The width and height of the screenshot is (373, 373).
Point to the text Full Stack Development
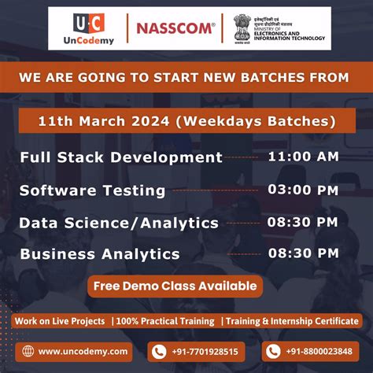click(121, 157)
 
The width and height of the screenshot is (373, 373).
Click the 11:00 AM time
click(303, 156)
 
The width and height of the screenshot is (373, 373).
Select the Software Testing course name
click(92, 190)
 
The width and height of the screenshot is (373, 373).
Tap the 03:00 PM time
click(303, 189)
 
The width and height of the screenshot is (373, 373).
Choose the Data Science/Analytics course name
click(119, 223)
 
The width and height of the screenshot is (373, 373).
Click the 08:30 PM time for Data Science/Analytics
click(303, 221)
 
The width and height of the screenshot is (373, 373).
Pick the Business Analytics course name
click(100, 254)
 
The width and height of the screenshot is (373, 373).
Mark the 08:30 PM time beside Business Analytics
click(303, 253)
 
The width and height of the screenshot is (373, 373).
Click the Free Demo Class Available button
click(175, 286)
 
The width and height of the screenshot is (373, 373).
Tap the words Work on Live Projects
click(60, 321)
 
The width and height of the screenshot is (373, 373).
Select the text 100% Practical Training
click(164, 321)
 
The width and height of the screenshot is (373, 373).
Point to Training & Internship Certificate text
click(290, 321)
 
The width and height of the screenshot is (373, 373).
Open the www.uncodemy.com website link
click(83, 352)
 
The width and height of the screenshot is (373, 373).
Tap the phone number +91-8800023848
click(319, 352)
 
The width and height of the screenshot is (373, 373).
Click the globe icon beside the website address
click(28, 352)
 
